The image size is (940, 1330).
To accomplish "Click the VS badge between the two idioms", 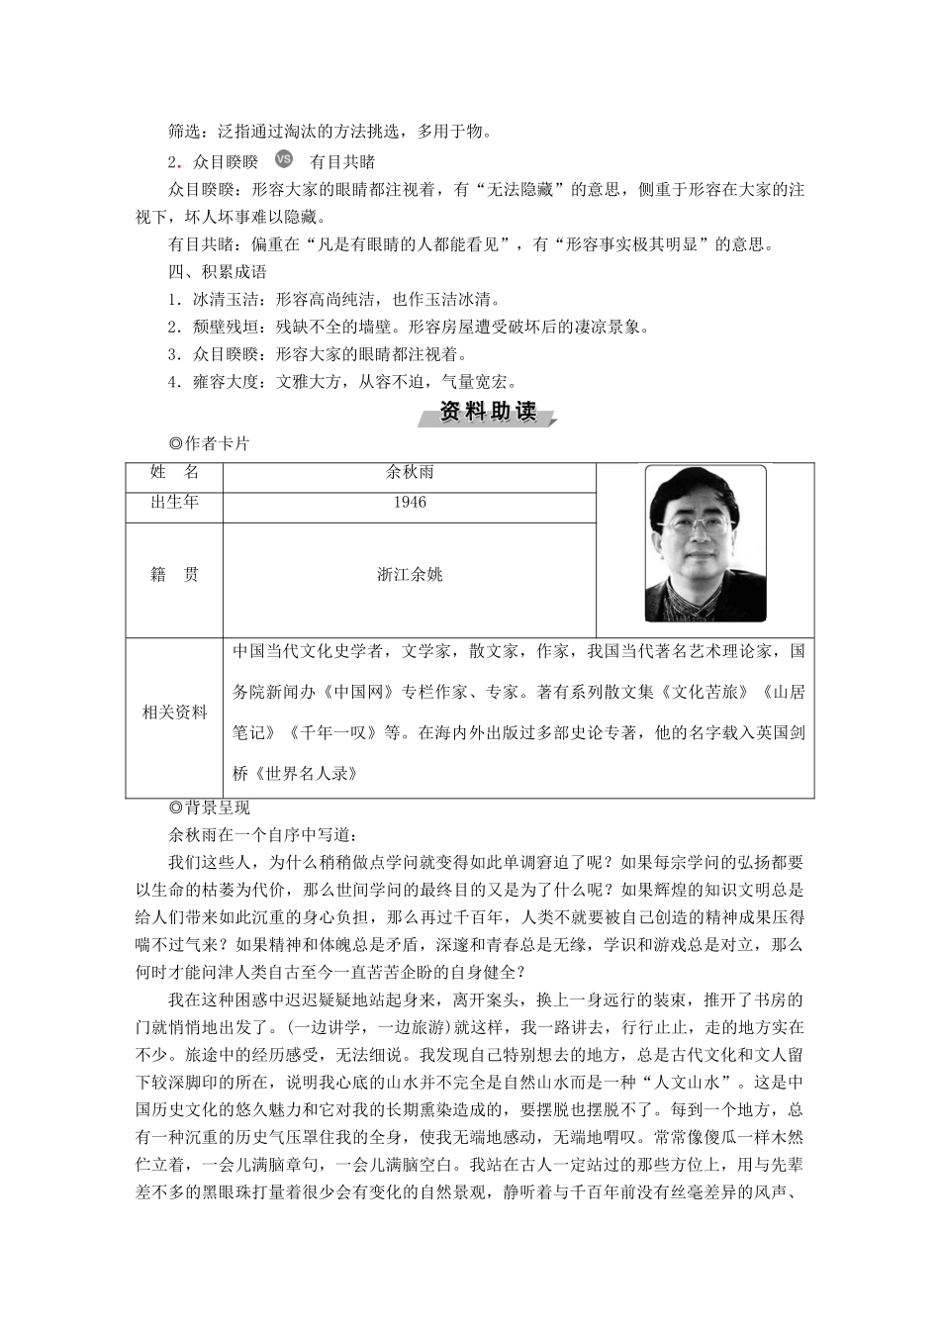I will (284, 160).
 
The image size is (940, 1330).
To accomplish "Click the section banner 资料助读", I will (487, 413).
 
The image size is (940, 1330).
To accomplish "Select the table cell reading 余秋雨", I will (410, 472).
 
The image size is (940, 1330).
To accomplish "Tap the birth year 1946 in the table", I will (410, 502).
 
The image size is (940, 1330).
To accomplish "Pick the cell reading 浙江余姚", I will (410, 574).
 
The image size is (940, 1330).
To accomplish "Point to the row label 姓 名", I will (174, 472).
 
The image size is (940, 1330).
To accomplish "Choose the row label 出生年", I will (174, 502).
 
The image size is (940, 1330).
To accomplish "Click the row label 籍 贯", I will (174, 574).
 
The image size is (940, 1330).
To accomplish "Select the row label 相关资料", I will (175, 712).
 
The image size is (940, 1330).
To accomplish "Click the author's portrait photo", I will (705, 543).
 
